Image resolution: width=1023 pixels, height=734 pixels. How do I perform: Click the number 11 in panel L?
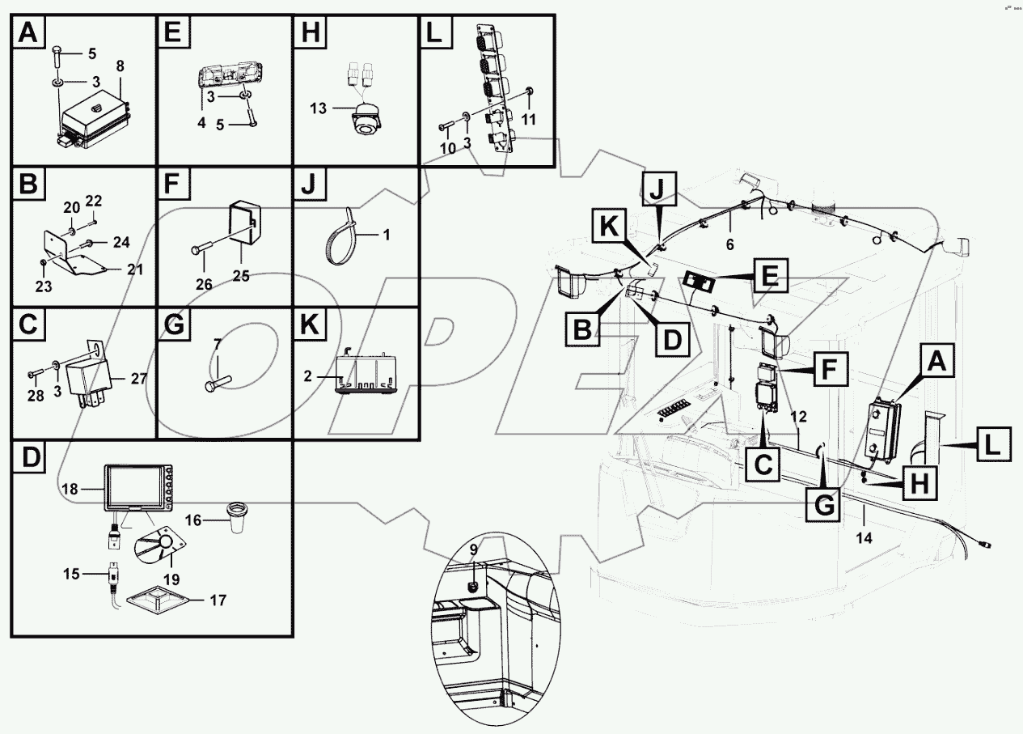[x=528, y=118]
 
